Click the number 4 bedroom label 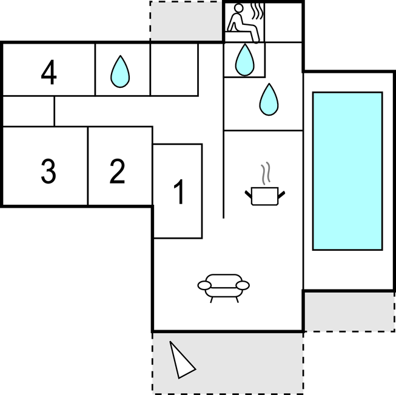click(49, 72)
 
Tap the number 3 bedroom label click(49, 171)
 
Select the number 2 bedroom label click(118, 171)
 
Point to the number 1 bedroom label click(179, 191)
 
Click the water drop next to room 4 click(120, 71)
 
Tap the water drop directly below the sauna click(245, 60)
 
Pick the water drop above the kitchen click(269, 99)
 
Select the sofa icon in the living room click(224, 288)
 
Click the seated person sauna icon click(243, 23)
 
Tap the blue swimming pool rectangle click(347, 171)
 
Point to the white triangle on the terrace click(181, 360)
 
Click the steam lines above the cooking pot click(266, 173)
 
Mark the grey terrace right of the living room click(349, 312)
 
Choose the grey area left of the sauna click(186, 21)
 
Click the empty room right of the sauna click(283, 22)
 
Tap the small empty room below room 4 click(29, 111)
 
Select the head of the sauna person click(239, 8)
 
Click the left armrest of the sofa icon click(204, 285)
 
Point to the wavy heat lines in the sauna click(257, 11)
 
